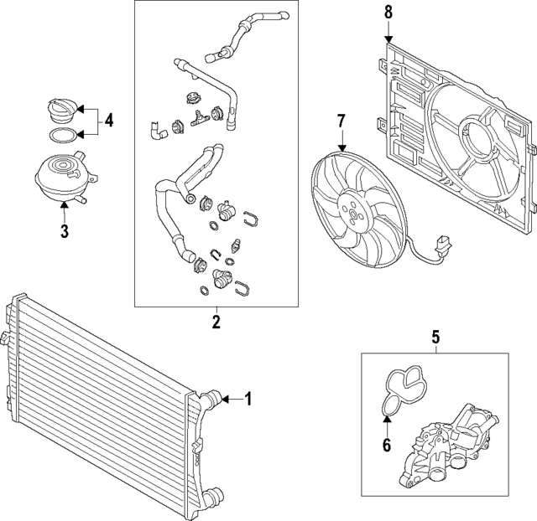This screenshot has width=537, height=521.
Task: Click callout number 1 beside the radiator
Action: click(248, 399)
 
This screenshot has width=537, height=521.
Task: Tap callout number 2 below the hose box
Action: click(216, 322)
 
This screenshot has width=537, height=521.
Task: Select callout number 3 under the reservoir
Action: click(65, 230)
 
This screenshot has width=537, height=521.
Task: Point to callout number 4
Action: click(108, 121)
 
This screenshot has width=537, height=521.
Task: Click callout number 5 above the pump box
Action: click(435, 337)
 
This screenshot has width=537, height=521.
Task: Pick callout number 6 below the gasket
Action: click(387, 445)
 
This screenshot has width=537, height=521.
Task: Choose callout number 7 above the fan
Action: click(341, 121)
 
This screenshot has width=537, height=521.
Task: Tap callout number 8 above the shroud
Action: click(388, 13)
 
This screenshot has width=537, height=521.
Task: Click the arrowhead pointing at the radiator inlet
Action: click(226, 399)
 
